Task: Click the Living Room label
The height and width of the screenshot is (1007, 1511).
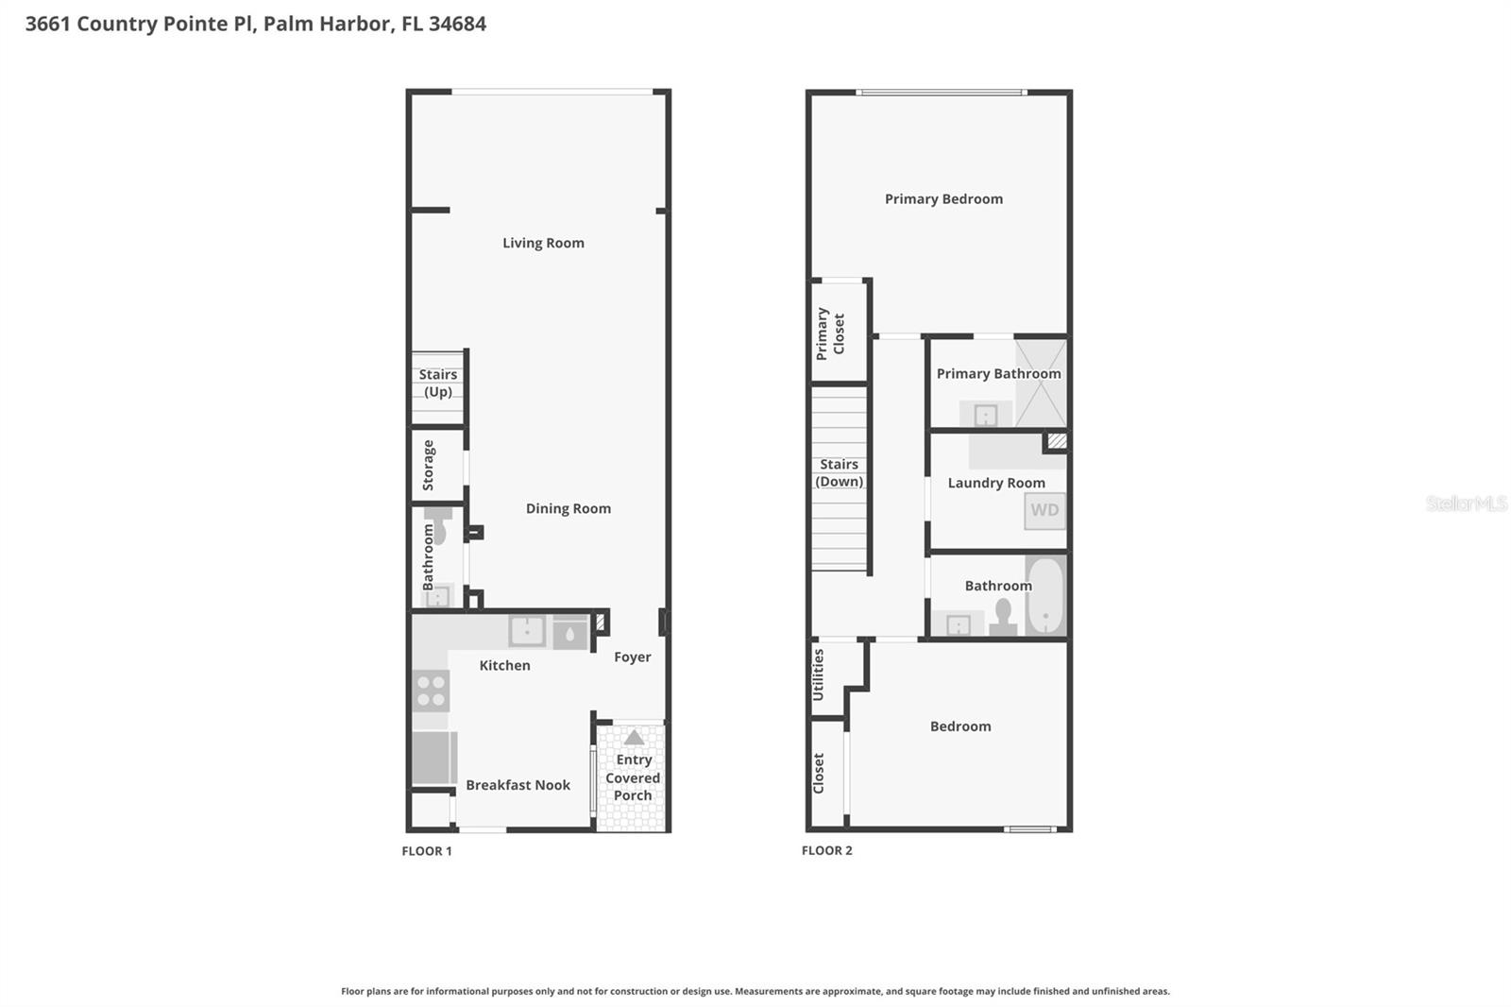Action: point(543,243)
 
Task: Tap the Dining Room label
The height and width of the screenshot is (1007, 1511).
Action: point(568,508)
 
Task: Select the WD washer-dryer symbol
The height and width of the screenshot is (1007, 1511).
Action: point(1044,510)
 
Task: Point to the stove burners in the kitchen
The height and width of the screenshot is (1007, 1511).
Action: point(431,691)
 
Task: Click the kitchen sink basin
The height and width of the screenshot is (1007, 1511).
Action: point(526,630)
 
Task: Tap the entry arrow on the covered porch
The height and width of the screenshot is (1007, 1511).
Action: point(634,737)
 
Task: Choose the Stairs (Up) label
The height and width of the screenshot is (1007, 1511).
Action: point(437,383)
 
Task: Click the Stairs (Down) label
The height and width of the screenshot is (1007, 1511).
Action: point(839,472)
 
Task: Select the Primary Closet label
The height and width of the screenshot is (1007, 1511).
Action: point(830,333)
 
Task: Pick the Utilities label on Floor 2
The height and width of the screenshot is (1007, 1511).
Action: point(818,674)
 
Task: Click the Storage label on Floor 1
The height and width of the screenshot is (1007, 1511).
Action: point(428,465)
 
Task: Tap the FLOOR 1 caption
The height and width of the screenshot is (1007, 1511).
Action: point(427,851)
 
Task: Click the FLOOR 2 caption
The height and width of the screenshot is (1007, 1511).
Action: point(826,850)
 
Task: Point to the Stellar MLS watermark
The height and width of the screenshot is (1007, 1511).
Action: point(1466,503)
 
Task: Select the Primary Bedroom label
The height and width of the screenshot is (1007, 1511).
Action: point(943,198)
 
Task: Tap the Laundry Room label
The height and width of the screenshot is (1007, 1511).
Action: point(996,483)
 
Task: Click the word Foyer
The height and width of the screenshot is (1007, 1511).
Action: point(632,657)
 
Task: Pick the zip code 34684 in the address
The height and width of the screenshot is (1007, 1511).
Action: point(457,24)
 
